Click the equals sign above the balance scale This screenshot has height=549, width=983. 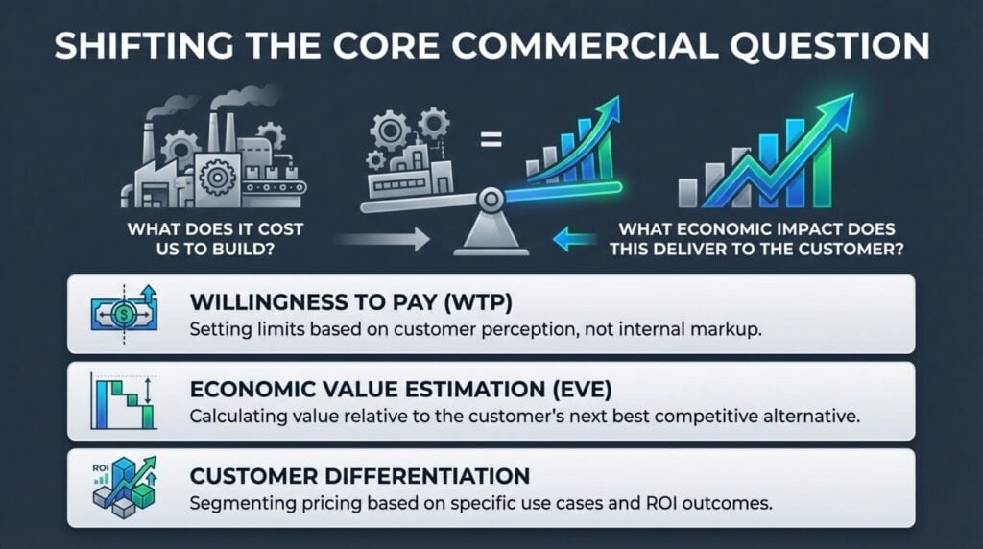(x=491, y=144)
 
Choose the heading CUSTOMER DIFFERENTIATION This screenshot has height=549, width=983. (x=360, y=477)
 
